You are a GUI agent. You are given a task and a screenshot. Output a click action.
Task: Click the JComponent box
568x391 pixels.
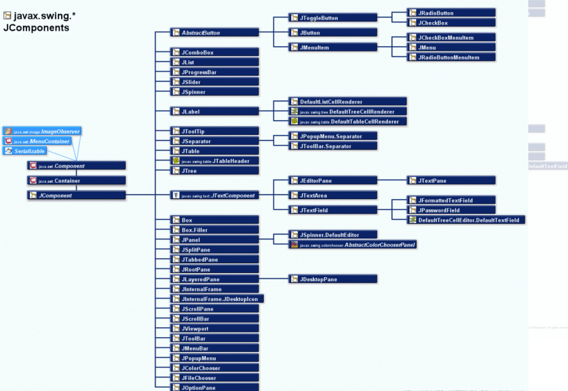point(76,195)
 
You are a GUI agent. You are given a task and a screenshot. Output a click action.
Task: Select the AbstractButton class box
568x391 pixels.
point(214,33)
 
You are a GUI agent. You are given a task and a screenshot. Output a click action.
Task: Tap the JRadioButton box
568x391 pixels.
point(451,13)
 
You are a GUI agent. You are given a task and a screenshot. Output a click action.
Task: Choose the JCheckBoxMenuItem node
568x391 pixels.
point(451,37)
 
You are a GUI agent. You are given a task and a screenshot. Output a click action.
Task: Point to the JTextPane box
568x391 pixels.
point(451,181)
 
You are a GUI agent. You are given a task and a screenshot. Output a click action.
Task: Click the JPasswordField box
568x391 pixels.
point(451,211)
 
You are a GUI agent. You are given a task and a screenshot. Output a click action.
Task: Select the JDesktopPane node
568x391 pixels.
point(333,279)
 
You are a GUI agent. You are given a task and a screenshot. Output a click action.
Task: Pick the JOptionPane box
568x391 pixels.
point(214,388)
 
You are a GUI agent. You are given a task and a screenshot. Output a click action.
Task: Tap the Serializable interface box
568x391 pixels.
point(25,151)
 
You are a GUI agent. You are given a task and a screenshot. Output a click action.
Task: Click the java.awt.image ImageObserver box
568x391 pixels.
point(42,132)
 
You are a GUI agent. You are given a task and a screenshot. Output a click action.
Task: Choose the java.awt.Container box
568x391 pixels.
point(76,181)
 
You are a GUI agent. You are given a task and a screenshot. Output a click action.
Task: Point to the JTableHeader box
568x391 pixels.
point(214,161)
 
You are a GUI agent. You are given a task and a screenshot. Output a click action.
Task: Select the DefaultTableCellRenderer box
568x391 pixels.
point(347,122)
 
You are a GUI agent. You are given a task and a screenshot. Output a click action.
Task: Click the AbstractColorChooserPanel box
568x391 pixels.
point(353,245)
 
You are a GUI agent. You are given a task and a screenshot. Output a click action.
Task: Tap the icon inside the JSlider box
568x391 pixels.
point(176,82)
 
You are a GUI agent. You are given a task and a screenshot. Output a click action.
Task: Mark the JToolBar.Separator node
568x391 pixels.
point(333,146)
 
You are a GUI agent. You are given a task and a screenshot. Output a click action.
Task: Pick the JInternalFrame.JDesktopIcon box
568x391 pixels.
point(217,299)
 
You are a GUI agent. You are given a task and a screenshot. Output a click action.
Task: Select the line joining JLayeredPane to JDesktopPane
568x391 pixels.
point(274,279)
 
